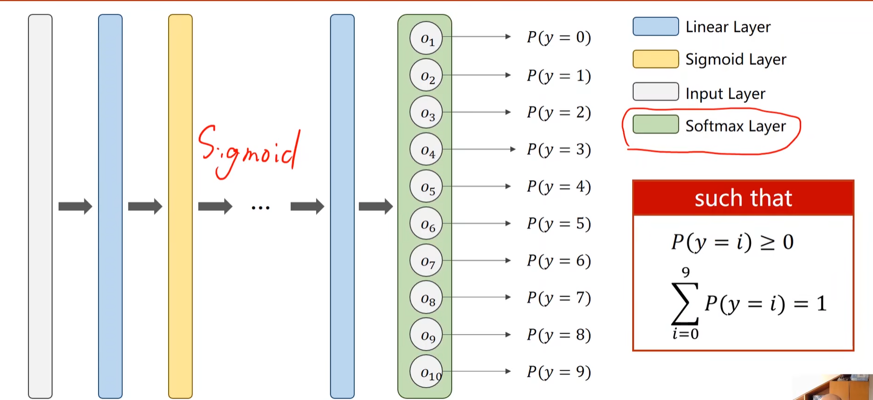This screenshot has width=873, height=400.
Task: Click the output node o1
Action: click(x=426, y=38)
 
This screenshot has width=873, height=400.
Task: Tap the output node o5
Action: click(x=426, y=187)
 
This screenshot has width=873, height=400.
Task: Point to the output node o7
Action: click(x=426, y=261)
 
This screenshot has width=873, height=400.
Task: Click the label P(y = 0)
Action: click(x=558, y=38)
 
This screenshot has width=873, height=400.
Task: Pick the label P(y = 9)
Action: click(x=558, y=372)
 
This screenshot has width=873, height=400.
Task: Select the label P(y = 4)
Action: click(x=558, y=186)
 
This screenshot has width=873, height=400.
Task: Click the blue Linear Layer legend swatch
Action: click(x=656, y=26)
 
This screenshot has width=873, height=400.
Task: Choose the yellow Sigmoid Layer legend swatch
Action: click(x=656, y=59)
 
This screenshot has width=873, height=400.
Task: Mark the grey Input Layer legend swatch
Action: click(x=656, y=92)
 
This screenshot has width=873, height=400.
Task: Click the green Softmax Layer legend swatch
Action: click(x=656, y=125)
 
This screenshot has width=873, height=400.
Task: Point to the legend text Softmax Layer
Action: click(x=736, y=126)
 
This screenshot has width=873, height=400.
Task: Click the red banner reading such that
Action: click(x=743, y=198)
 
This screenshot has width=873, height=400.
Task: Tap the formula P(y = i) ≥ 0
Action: click(x=732, y=242)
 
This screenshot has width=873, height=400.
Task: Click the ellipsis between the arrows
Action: click(x=260, y=208)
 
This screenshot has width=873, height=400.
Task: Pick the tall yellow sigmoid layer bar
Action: click(x=180, y=207)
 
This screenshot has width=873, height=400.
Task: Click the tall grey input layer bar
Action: click(x=40, y=207)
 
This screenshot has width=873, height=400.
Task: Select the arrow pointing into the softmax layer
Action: click(x=376, y=206)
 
